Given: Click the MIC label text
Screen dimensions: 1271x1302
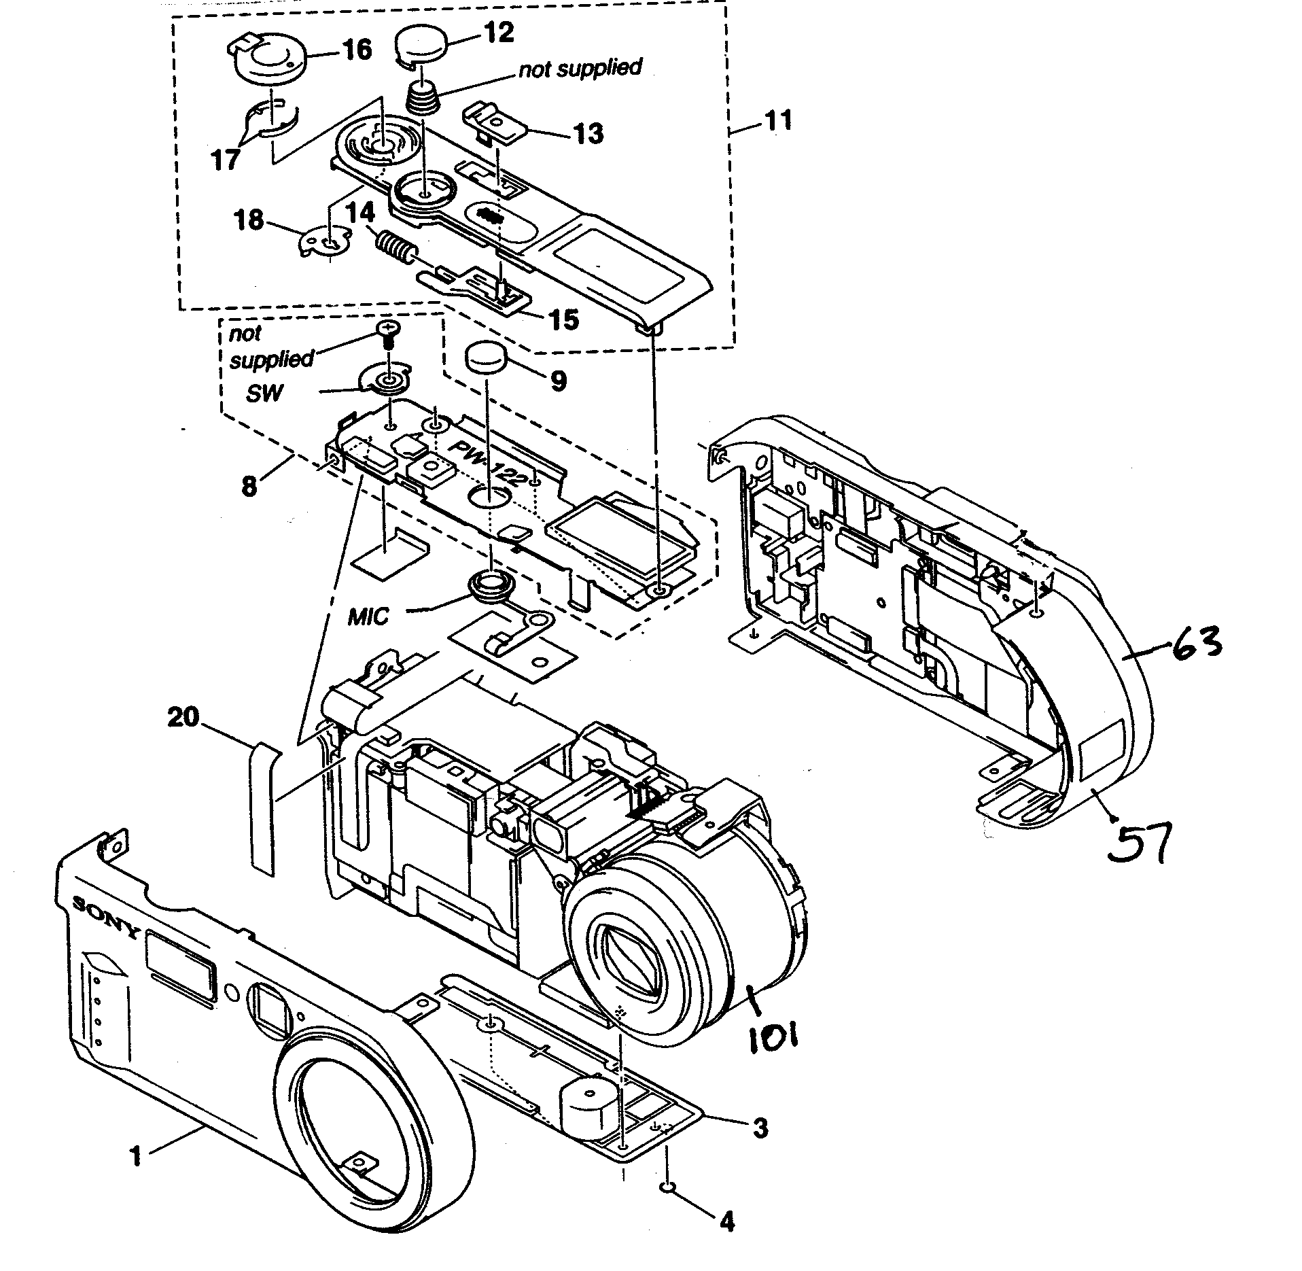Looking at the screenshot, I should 368,617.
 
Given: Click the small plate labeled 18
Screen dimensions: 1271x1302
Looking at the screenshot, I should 326,241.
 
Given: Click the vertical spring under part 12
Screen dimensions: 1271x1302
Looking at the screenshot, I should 424,99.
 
